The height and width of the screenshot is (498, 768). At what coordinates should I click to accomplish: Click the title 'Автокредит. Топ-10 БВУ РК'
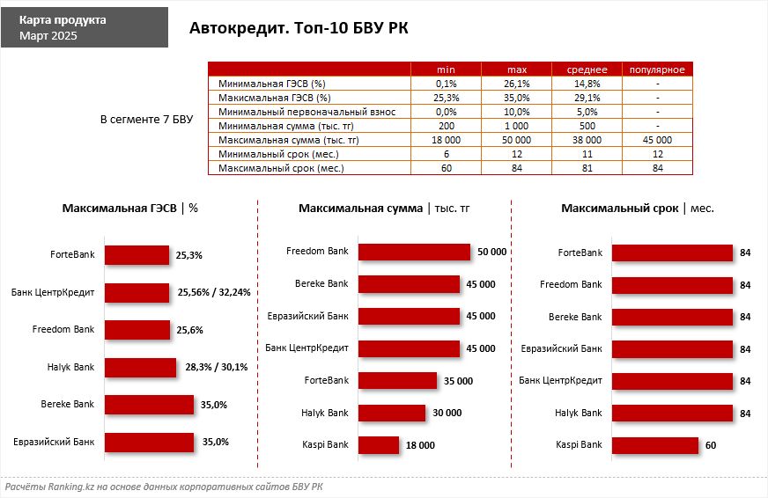299,29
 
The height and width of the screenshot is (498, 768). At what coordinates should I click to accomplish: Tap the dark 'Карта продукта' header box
84,27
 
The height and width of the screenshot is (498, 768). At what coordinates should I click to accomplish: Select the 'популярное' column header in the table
658,70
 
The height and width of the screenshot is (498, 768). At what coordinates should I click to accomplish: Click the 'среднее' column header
587,70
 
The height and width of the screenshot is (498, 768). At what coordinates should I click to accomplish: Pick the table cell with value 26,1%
517,83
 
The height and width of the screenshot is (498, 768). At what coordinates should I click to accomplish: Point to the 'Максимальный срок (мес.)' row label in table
280,168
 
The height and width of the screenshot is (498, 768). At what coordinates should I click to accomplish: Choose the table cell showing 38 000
587,140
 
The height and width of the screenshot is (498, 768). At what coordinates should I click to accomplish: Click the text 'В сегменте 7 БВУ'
146,119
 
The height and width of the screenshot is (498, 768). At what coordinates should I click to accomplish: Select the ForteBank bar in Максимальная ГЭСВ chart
137,255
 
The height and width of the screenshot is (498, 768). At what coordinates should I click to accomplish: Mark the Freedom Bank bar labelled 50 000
414,252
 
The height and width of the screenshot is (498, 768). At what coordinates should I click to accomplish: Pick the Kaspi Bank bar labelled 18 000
379,445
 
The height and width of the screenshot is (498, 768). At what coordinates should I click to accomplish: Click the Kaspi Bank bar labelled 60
654,445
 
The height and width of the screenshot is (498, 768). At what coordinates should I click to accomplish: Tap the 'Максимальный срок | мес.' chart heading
638,209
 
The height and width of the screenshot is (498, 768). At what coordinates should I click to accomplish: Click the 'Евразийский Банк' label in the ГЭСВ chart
54,442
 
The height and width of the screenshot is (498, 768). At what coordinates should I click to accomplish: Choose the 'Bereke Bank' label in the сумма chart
321,283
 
